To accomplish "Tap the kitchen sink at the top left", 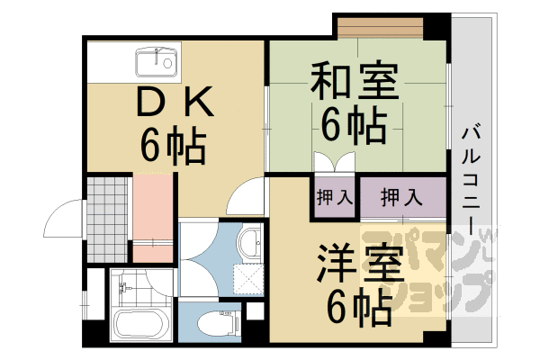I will pyautogui.click(x=157, y=64).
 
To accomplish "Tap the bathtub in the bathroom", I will pyautogui.click(x=143, y=325).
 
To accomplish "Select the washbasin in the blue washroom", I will pyautogui.click(x=251, y=242).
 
